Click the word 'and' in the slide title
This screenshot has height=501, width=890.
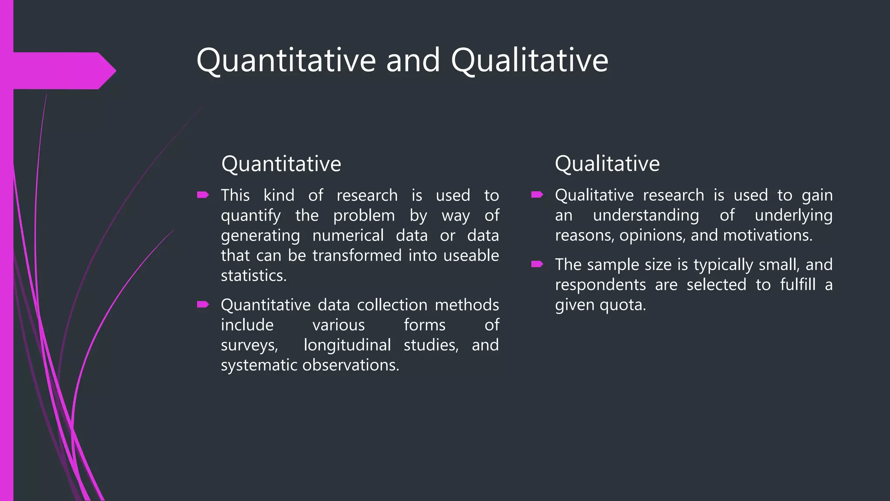413,60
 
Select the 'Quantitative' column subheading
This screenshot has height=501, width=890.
281,164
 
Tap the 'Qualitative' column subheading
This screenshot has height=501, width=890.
607,164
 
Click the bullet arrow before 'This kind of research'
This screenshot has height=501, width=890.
203,195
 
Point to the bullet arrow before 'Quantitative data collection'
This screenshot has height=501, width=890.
203,304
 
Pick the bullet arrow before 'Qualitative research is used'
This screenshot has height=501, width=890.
537,195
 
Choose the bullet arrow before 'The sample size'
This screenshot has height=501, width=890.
537,264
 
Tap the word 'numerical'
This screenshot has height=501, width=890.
348,236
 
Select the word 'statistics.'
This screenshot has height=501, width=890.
254,276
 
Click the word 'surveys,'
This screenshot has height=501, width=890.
249,345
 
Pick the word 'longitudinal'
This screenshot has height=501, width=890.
347,345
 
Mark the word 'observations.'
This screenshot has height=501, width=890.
351,365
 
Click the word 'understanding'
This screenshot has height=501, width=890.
646,216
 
